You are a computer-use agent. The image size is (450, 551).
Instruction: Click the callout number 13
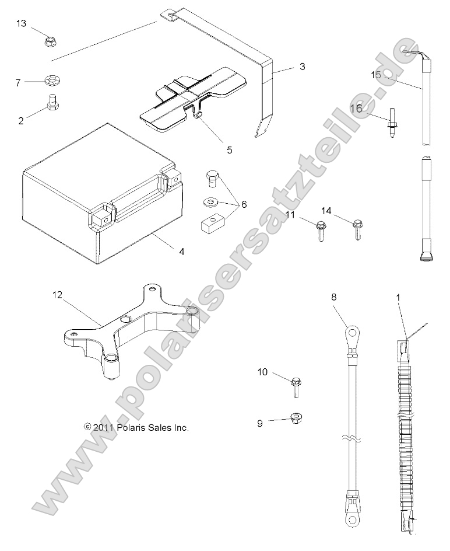(x=21, y=23)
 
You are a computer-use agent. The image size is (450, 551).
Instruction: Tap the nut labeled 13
(x=50, y=41)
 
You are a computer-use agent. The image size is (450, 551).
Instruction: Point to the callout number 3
(x=302, y=67)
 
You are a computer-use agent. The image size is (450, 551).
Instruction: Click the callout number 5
(x=230, y=150)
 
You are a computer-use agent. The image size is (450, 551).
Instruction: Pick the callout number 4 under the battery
(x=182, y=252)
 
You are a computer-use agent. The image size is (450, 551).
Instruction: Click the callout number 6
(x=244, y=204)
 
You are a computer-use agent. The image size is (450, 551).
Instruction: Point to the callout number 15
(x=375, y=75)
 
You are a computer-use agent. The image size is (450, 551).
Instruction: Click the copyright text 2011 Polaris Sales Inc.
(x=136, y=427)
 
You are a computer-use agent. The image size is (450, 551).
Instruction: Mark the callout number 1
(x=398, y=298)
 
